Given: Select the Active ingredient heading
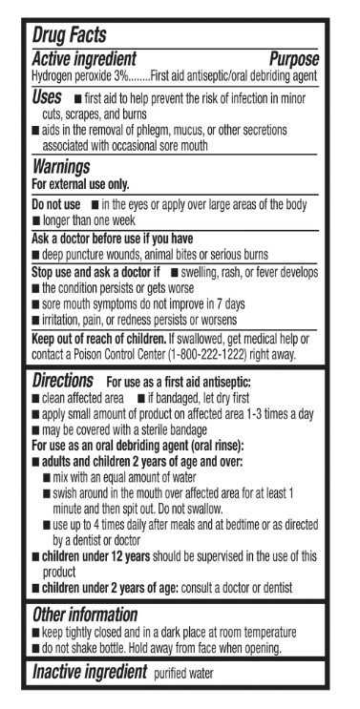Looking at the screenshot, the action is pos(84,59).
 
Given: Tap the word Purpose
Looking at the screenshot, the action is pos(293,59).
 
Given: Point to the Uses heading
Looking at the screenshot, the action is pos(47,97).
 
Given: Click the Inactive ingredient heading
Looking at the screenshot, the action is pos(89,672).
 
